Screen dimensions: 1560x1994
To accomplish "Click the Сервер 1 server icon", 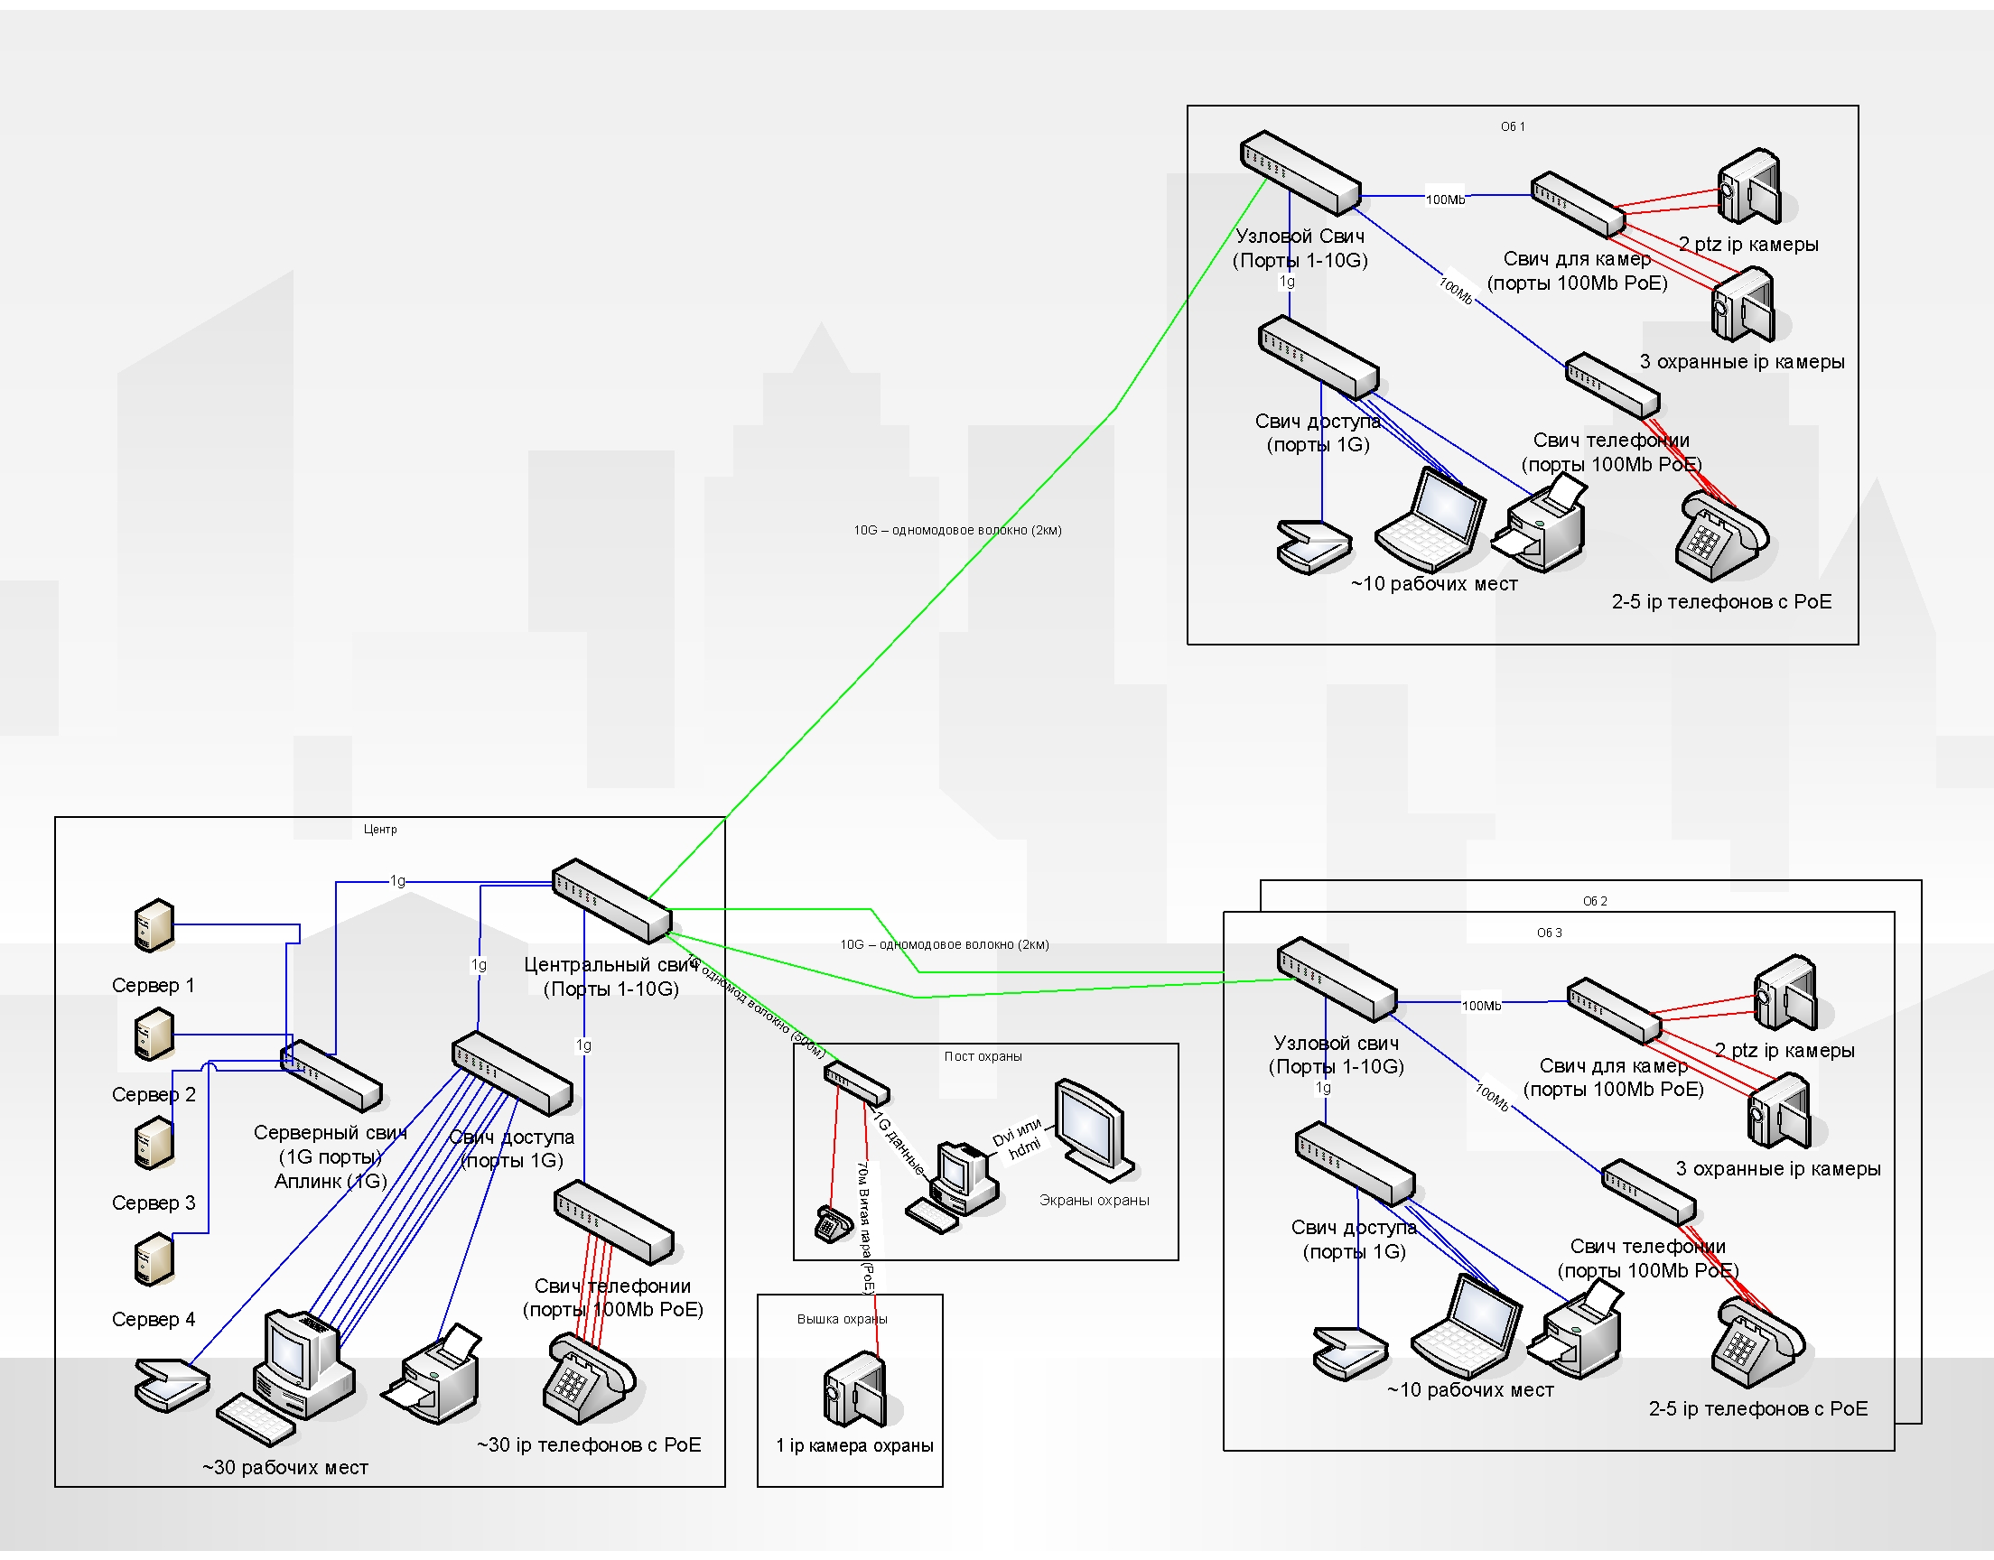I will [x=154, y=925].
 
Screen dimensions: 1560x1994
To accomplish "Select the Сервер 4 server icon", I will [x=154, y=1260].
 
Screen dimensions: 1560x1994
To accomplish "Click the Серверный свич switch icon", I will [x=331, y=1076].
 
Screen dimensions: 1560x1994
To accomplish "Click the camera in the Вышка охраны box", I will [x=855, y=1389].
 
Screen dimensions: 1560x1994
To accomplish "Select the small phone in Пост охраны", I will [x=832, y=1224].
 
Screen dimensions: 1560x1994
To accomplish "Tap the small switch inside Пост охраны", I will [x=856, y=1082].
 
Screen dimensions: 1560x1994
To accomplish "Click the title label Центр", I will [x=380, y=830].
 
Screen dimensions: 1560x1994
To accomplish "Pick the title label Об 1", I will [x=1513, y=127].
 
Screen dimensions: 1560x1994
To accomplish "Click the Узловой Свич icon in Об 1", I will [x=1300, y=172].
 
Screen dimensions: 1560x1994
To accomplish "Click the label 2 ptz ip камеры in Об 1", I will [x=1748, y=245].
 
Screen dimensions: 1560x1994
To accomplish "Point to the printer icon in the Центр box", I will [x=433, y=1375].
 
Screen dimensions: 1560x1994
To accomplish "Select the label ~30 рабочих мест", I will [x=285, y=1468].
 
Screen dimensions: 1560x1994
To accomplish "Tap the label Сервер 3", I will [x=154, y=1202].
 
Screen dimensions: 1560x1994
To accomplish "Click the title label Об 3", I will [x=1549, y=933].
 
